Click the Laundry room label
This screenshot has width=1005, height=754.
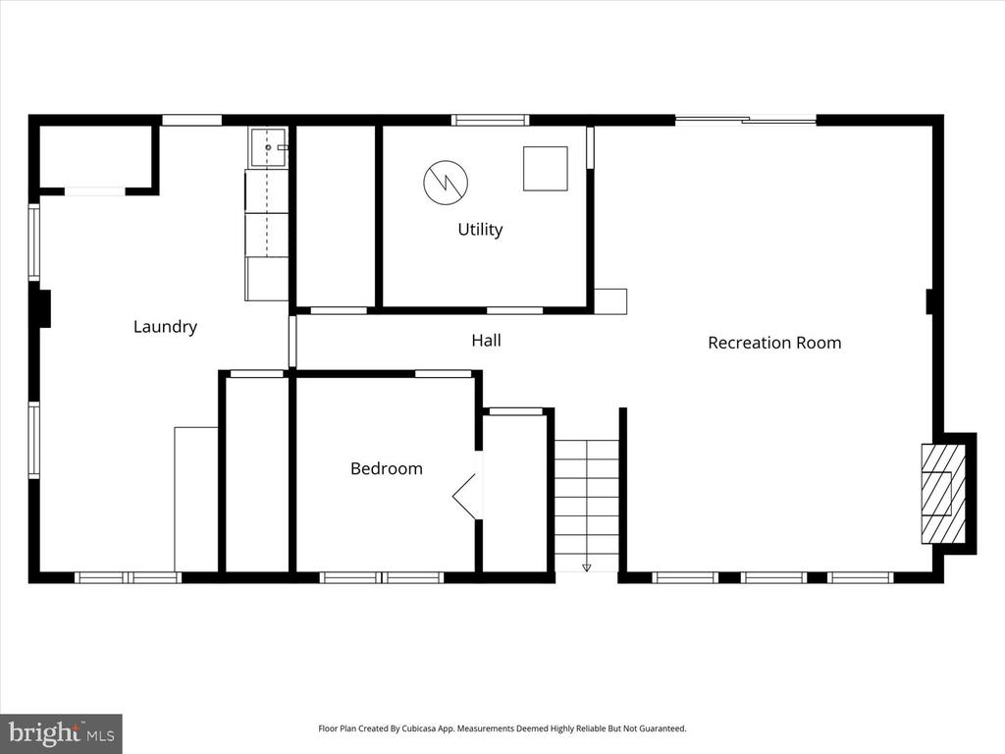[x=165, y=327]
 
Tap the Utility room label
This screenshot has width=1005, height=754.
[x=480, y=230]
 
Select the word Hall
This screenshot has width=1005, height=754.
[x=486, y=341]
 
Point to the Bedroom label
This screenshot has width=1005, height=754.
[x=387, y=468]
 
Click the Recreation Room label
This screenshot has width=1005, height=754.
[x=774, y=343]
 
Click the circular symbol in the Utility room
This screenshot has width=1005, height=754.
[x=446, y=183]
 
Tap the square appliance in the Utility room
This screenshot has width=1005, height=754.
[x=546, y=169]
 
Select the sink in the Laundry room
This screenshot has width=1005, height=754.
[x=269, y=147]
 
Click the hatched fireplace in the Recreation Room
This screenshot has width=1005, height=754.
[x=943, y=494]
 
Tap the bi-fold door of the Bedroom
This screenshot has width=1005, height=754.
[x=465, y=496]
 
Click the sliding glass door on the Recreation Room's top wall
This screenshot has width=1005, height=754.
[x=746, y=119]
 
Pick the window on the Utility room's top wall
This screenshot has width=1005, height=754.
[x=491, y=120]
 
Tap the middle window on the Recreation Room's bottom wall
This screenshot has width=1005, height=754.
[x=773, y=577]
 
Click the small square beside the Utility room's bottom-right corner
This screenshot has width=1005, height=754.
[x=610, y=301]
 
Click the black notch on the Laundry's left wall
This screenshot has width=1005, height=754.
[x=43, y=309]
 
